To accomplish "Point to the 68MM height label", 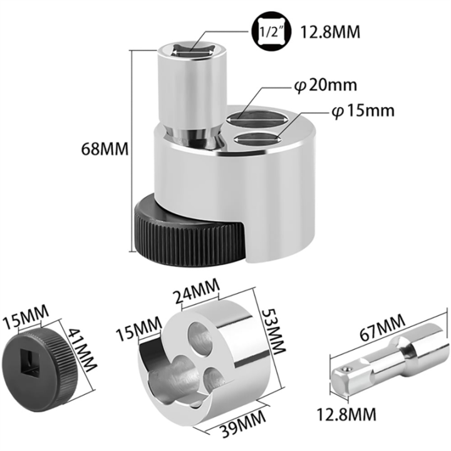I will pyautogui.click(x=105, y=150).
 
